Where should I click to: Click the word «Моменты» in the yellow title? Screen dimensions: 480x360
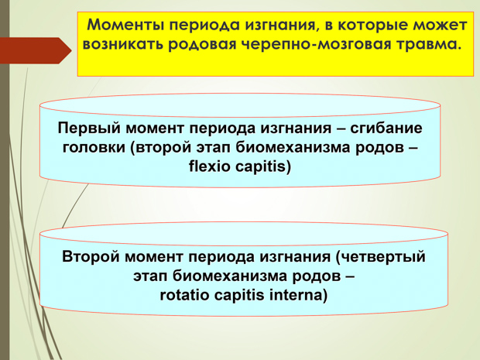(126, 25)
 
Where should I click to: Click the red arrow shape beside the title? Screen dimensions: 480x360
(36, 50)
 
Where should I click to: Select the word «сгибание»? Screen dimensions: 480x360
(386, 128)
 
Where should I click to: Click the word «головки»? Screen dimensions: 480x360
(94, 148)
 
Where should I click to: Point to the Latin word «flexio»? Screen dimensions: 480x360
(209, 166)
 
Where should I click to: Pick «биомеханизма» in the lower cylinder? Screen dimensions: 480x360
(230, 276)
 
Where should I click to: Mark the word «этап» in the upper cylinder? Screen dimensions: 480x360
(214, 148)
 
